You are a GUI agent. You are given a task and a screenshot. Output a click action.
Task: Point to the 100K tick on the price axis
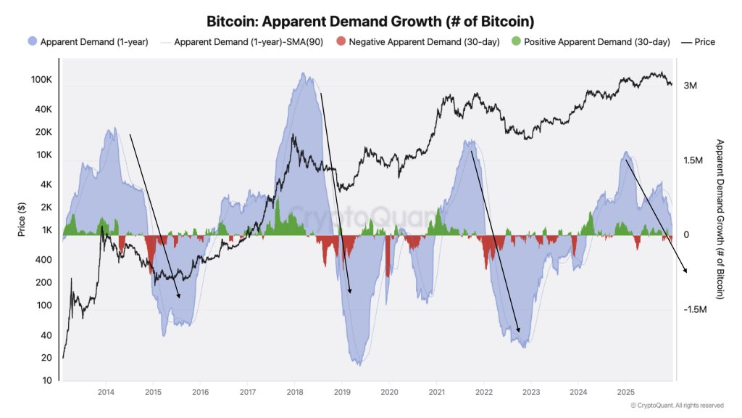coord(41,79)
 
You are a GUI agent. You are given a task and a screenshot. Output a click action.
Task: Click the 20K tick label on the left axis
coord(43,132)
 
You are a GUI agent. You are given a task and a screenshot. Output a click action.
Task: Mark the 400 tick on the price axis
coord(45,260)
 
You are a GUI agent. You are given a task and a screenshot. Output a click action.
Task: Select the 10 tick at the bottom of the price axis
coord(47,381)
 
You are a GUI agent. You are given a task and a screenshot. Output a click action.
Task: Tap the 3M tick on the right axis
coord(690,86)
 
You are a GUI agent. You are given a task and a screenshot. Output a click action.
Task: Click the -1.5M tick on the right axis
coord(694,310)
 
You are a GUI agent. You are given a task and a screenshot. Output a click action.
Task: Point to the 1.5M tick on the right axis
coord(692,160)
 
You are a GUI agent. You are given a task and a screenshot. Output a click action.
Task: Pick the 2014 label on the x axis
coord(106,393)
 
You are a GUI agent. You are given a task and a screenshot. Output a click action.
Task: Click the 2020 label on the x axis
coord(389,393)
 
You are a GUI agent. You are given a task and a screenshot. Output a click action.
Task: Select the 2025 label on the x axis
coord(625,393)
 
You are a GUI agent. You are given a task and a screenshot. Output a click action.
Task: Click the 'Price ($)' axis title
coord(22,221)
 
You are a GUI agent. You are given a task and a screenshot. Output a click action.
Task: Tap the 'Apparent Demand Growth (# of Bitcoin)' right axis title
coord(719,219)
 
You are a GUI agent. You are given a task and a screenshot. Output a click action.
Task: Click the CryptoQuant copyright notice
coord(676,406)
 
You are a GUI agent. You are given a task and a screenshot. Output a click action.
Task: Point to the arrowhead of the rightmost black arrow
coord(686,272)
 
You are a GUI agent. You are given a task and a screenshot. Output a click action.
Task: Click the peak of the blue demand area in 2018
coord(304,73)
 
